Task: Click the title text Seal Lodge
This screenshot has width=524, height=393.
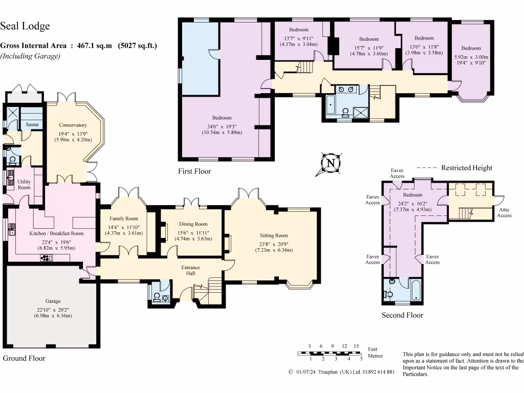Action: click(x=25, y=26)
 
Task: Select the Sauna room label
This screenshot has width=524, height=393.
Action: click(x=32, y=124)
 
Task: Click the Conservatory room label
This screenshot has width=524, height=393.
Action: click(x=73, y=125)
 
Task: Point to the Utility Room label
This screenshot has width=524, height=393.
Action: click(x=24, y=184)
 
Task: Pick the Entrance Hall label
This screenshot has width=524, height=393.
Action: click(x=190, y=271)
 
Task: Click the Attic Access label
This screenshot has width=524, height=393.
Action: click(x=504, y=212)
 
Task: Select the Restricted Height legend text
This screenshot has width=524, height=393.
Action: click(x=467, y=168)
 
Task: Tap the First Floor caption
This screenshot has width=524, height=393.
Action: click(x=194, y=171)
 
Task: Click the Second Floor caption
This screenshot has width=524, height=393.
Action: click(x=402, y=315)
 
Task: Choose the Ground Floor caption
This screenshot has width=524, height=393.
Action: click(x=24, y=358)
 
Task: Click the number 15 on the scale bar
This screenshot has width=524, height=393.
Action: click(x=356, y=346)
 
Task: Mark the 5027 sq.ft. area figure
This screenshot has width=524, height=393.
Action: click(x=138, y=46)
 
